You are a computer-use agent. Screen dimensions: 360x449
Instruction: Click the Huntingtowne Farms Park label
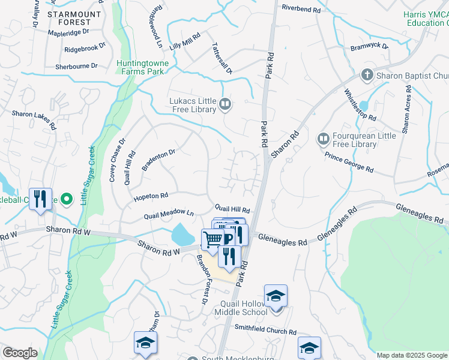[142, 67]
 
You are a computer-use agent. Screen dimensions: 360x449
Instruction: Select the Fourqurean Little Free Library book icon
[323, 139]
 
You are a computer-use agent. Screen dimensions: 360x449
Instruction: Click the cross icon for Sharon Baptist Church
[367, 76]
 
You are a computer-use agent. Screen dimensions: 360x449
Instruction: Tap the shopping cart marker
[212, 239]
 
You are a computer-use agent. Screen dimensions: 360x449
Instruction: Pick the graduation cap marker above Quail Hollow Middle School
[276, 296]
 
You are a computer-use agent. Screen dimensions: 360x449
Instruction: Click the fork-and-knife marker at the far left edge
[40, 199]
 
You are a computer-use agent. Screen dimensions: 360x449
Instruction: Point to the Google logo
[19, 353]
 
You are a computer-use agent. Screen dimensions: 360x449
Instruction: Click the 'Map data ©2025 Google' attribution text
[412, 355]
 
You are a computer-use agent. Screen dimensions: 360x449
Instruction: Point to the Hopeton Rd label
[151, 196]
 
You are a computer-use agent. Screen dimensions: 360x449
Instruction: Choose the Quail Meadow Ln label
[169, 214]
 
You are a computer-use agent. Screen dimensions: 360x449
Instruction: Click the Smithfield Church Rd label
[266, 331]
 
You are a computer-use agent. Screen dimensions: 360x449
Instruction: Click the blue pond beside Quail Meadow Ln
[181, 234]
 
